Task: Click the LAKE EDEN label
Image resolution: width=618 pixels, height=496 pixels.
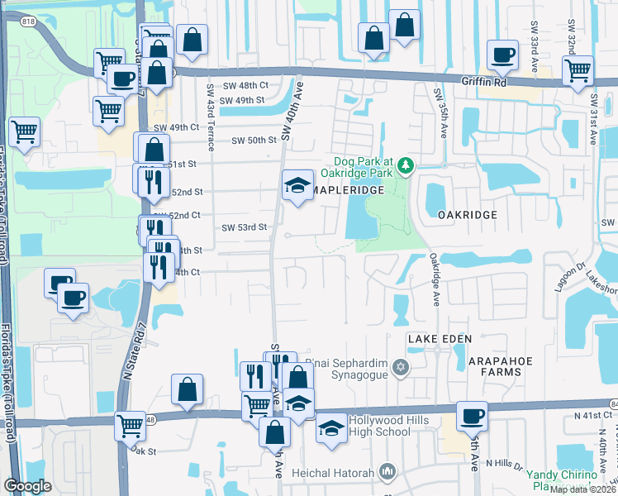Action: pos(439,339)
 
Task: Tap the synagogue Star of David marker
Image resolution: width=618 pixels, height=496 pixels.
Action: pos(401,367)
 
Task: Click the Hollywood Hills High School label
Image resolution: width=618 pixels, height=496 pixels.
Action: pos(389,426)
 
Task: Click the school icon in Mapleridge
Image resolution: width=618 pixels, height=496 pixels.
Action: pos(296,186)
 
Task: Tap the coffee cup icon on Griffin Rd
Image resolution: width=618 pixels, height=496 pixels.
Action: pos(502,55)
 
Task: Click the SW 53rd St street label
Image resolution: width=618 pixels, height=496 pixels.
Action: pos(245,227)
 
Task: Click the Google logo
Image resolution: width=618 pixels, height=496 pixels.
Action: pos(27,486)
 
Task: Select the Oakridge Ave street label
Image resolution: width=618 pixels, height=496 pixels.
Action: pos(435,278)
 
